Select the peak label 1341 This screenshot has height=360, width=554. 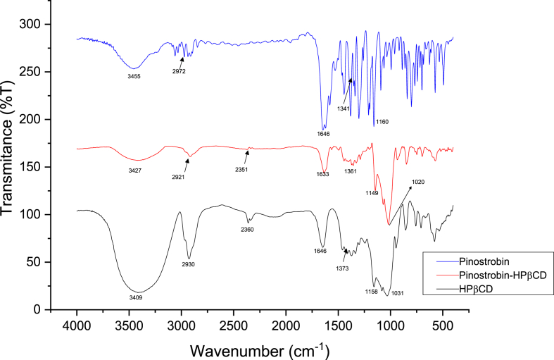tap(343, 108)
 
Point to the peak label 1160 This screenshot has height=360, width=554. tap(382, 122)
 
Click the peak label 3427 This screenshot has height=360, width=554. tap(135, 170)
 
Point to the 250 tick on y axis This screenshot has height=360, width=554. tap(59, 72)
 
